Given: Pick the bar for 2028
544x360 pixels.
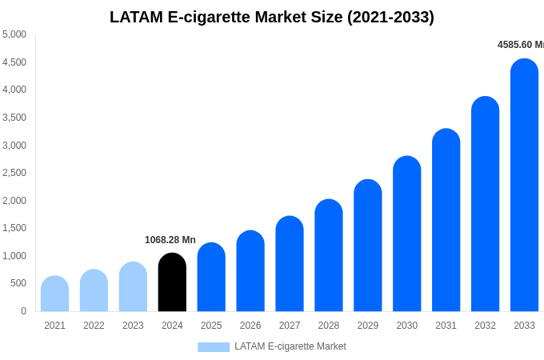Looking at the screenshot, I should (329, 256).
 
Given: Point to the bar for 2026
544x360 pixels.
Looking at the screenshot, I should (250, 271).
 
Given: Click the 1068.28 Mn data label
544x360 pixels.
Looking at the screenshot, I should (170, 240).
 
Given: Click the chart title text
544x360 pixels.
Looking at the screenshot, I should (272, 17).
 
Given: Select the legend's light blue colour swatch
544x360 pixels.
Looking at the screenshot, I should (214, 347).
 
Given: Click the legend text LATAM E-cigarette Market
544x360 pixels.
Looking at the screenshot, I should (290, 346).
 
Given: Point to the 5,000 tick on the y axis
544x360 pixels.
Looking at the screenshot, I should (14, 34).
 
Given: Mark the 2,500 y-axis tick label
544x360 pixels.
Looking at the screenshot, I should (14, 173).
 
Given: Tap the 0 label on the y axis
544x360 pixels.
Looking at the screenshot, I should (23, 311).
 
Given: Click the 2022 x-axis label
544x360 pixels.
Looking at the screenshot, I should (94, 326).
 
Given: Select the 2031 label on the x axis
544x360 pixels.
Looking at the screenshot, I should (446, 326).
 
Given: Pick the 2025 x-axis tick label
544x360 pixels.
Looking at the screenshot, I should (211, 326).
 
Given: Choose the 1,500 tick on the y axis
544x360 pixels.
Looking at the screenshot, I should (14, 228).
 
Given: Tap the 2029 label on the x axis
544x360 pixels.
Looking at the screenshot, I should (368, 326).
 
